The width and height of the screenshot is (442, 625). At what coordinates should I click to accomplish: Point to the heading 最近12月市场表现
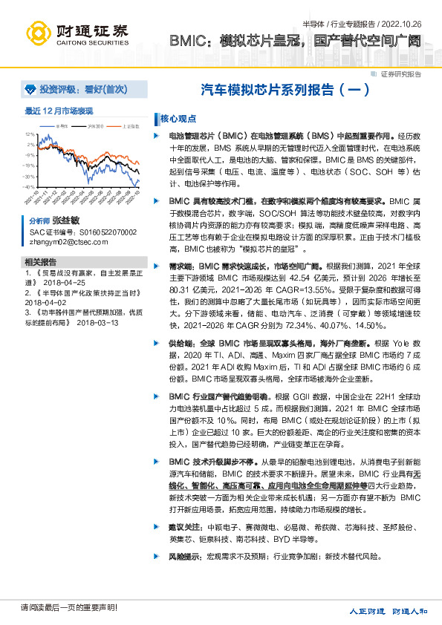(59, 111)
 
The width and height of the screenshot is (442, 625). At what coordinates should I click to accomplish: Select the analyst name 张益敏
(65, 221)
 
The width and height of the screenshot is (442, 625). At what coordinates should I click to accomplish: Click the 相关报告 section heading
(40, 262)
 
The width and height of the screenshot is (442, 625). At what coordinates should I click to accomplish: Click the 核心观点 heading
(178, 119)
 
